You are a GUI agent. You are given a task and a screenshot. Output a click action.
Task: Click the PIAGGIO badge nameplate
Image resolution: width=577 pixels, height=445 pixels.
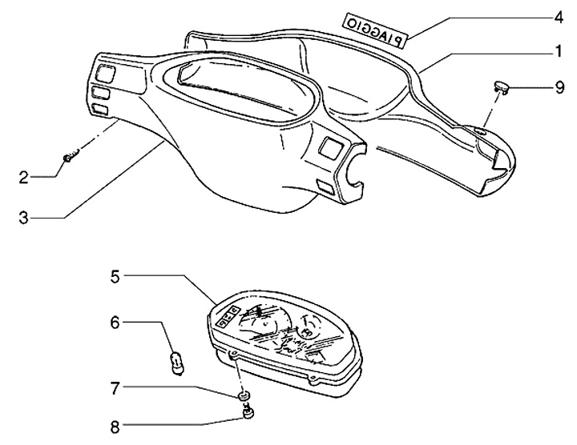click(374, 29)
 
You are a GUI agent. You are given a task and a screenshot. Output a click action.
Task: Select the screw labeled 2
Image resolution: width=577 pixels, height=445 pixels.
click(69, 158)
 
